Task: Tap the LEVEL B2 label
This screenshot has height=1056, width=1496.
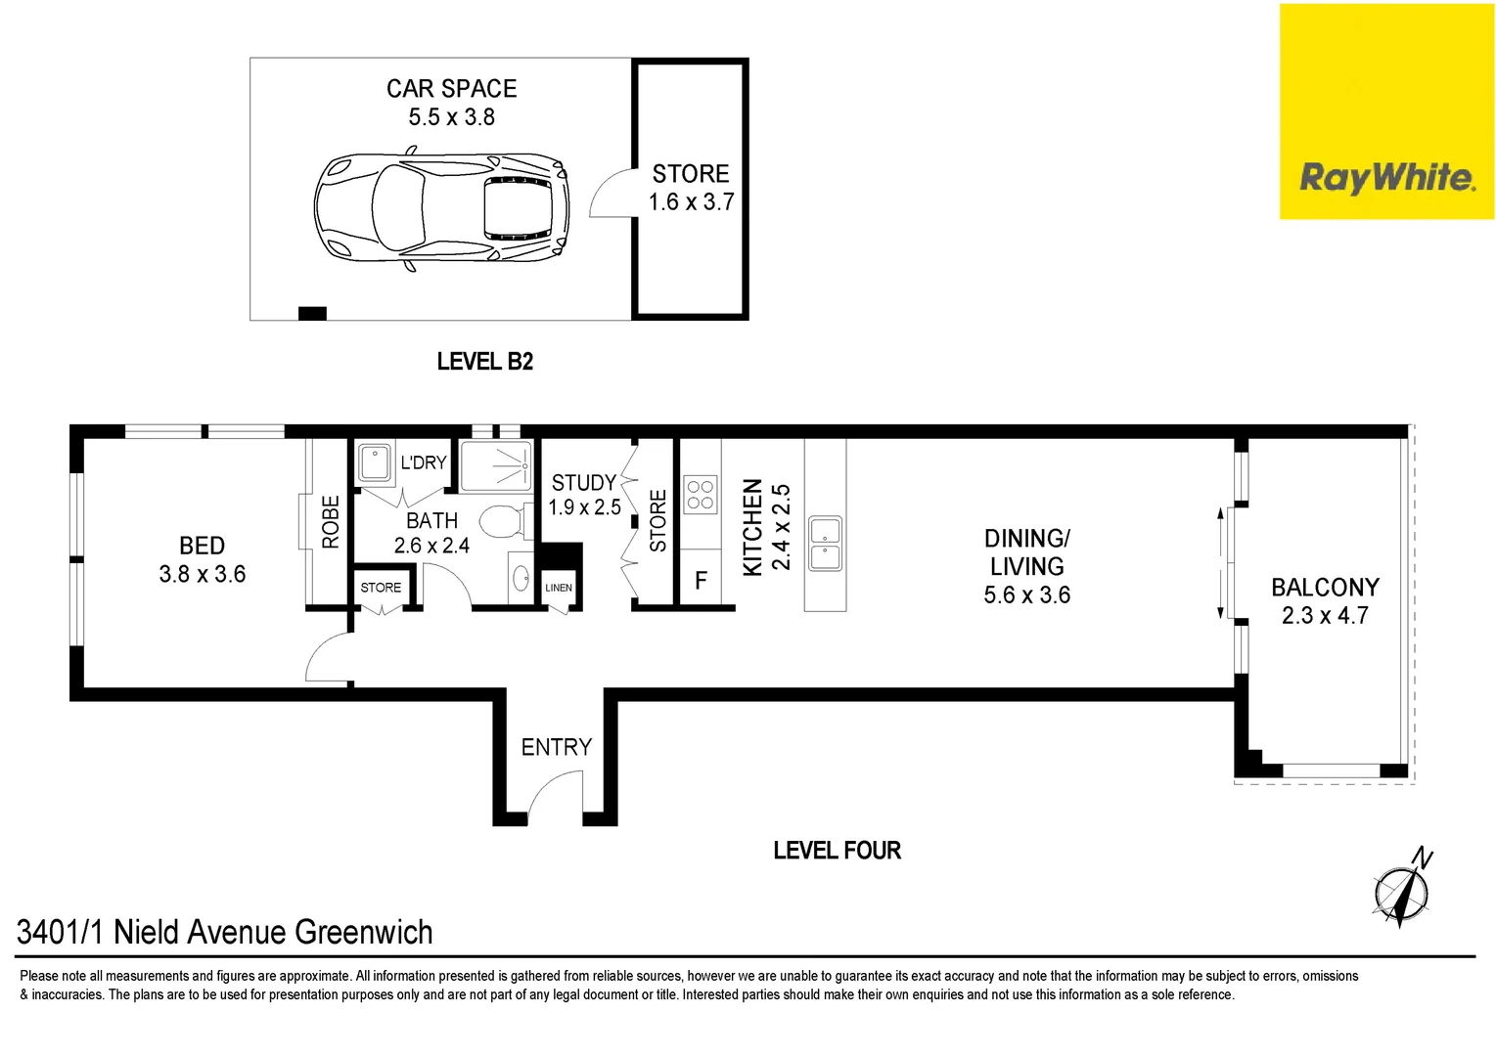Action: (484, 362)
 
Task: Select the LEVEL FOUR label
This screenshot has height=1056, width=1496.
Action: (837, 851)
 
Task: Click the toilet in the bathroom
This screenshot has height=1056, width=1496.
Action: (503, 521)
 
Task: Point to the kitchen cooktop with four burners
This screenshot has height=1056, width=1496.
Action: (700, 495)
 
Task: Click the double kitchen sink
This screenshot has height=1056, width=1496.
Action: (825, 545)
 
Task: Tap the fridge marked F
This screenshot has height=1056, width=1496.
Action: (701, 581)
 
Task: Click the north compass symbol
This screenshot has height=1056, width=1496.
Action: (1402, 889)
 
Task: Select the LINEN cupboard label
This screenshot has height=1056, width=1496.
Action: (559, 588)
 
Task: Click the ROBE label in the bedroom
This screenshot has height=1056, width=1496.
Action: (331, 521)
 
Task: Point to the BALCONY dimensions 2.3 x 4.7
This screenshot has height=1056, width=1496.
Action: (1325, 615)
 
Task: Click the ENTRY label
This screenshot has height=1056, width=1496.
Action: (556, 747)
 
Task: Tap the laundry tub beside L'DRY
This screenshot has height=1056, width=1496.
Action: (375, 462)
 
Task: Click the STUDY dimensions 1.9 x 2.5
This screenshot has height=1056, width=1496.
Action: (584, 507)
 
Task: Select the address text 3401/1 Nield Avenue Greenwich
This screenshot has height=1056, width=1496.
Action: (225, 932)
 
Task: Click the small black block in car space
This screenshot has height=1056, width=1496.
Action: (312, 313)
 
